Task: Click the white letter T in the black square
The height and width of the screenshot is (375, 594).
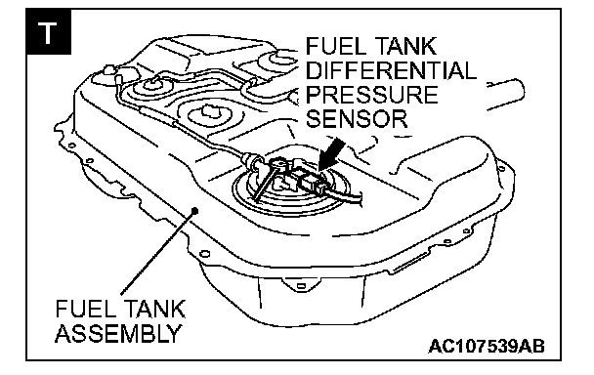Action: coord(48,32)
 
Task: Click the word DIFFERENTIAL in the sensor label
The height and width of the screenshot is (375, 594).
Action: coord(391,70)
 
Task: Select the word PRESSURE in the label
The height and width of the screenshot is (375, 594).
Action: coord(371,95)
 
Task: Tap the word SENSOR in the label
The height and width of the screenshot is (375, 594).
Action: coord(357,118)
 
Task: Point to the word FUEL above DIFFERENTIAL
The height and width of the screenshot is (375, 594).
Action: coord(330,46)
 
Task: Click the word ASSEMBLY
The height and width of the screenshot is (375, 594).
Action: coord(118,333)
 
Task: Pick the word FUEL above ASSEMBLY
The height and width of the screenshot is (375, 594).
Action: coord(80,310)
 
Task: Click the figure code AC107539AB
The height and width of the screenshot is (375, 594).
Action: coord(487,346)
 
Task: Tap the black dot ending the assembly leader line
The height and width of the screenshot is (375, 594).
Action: coord(195,209)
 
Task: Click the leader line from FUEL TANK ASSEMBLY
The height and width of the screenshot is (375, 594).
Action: coord(158,251)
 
